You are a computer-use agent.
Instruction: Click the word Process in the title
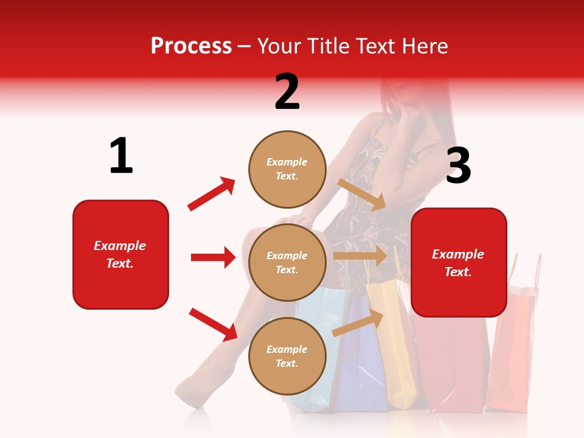[191, 46]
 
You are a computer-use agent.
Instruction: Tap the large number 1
[121, 156]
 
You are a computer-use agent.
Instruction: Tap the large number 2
[287, 92]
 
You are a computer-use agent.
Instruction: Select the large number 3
[458, 166]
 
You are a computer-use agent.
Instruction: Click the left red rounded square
[120, 254]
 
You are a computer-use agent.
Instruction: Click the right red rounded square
[459, 262]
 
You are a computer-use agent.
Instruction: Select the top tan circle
[287, 169]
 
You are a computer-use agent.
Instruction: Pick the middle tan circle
[287, 262]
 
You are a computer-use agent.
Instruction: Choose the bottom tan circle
[287, 356]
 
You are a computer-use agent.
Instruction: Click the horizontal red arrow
[213, 257]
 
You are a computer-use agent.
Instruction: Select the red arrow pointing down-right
[213, 324]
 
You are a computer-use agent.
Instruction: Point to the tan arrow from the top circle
[362, 194]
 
